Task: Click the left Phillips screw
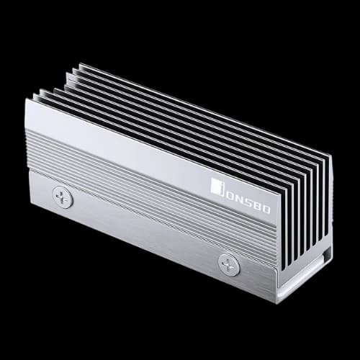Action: [63, 197]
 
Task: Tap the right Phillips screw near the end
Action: [229, 264]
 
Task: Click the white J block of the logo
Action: [215, 186]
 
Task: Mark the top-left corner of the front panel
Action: [27, 100]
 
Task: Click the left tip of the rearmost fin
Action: [80, 65]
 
